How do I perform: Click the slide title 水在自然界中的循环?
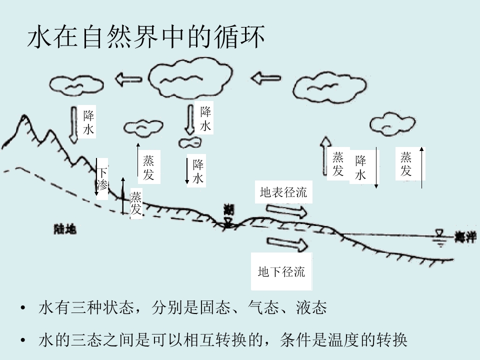145,38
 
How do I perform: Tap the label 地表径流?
283,192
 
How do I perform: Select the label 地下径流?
281,272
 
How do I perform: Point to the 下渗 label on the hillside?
102,179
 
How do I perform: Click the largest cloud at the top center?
190,79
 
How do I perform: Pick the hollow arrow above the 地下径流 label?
288,244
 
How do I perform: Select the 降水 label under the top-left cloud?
89,122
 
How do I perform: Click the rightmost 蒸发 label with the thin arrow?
406,164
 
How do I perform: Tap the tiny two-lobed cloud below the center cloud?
189,143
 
